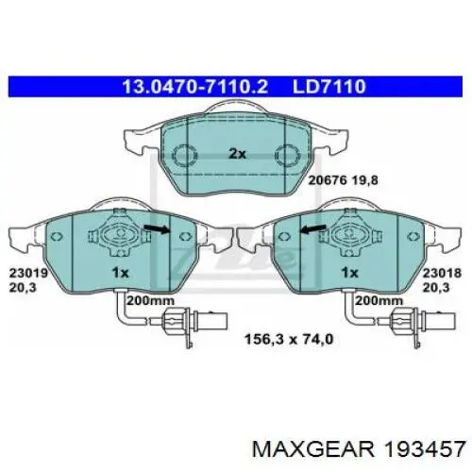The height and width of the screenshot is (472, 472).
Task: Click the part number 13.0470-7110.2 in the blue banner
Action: tap(195, 86)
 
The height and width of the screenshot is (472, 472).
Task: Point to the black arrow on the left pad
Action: tap(158, 230)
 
